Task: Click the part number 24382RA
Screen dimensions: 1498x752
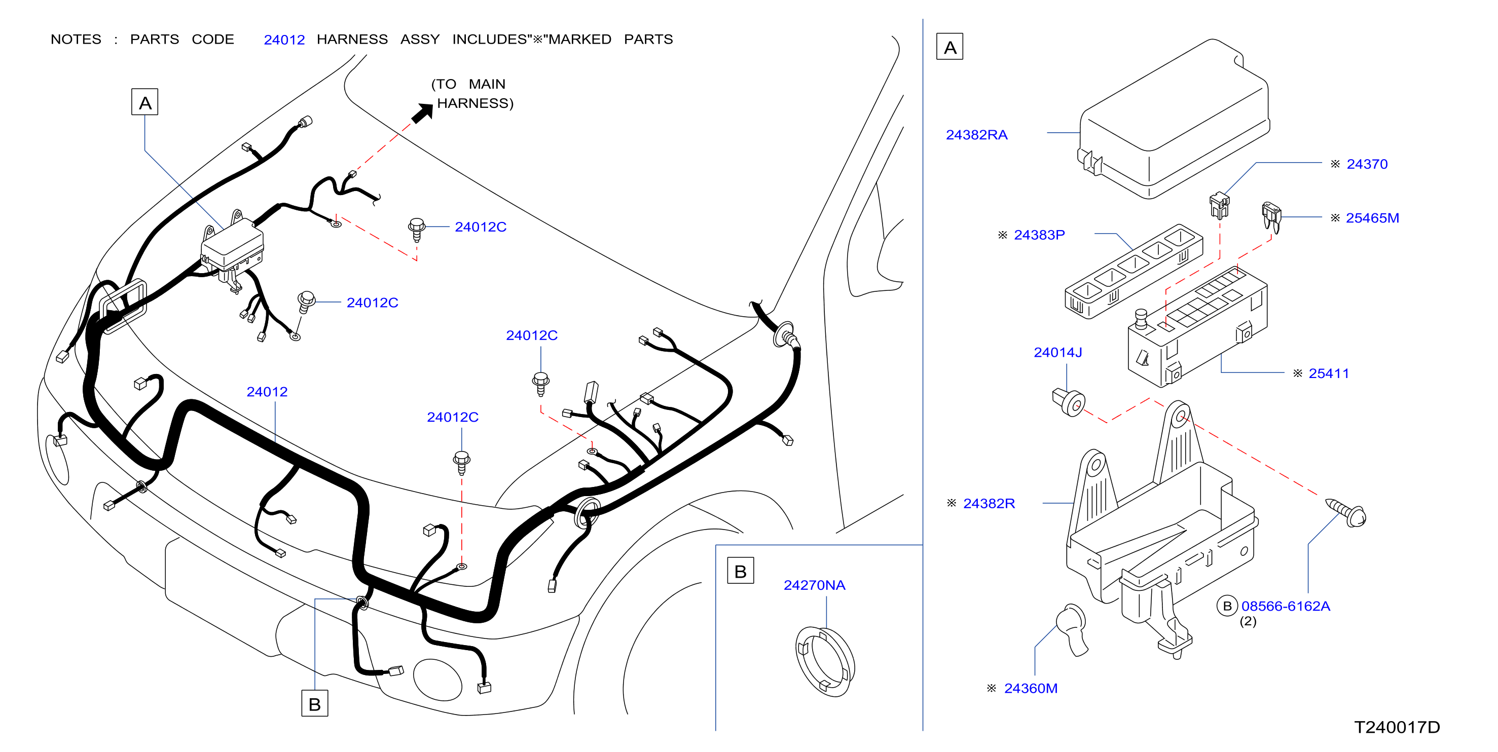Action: pos(976,135)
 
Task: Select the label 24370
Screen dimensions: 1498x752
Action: pos(1367,165)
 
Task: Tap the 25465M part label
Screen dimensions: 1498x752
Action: pos(1372,218)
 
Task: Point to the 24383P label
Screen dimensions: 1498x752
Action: pos(1039,235)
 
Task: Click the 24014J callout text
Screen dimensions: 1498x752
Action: pos(1058,352)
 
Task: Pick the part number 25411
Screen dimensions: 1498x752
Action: pos(1329,373)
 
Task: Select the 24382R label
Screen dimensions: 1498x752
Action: pos(989,503)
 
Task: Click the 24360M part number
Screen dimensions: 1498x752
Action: pos(1031,688)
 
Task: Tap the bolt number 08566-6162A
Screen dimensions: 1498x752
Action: pos(1286,606)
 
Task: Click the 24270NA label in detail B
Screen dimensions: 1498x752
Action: pos(814,585)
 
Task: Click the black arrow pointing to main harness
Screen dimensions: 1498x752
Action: pos(423,112)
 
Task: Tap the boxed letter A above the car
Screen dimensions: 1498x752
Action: pos(145,102)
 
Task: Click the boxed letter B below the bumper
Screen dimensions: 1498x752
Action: pos(315,703)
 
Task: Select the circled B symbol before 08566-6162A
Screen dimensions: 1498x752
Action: pos(1227,606)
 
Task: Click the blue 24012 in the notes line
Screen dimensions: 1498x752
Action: pos(284,40)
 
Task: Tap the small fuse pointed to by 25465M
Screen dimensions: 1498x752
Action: pos(1271,216)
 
